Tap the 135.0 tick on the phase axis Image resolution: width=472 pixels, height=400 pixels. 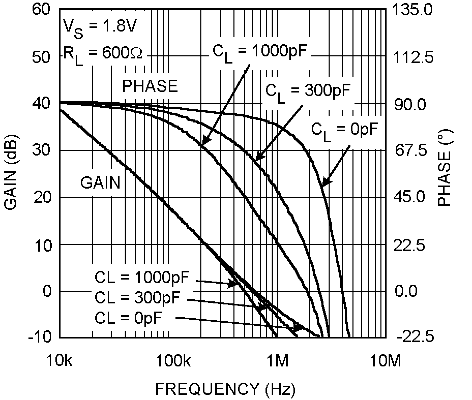click(x=412, y=11)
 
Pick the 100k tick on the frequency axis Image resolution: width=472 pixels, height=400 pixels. click(x=173, y=361)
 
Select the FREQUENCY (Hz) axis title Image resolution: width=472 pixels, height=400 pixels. click(x=225, y=389)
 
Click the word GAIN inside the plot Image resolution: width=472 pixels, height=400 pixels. click(x=100, y=182)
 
